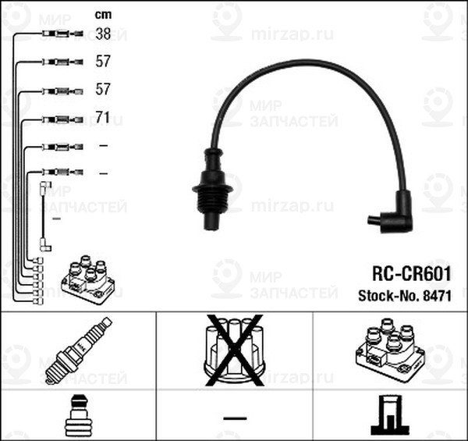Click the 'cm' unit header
pos(102,13)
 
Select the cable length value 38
pos(102,34)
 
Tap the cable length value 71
pos(102,119)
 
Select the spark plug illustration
pos(77,350)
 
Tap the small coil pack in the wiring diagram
pos(88,277)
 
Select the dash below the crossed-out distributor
pos(234,418)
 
